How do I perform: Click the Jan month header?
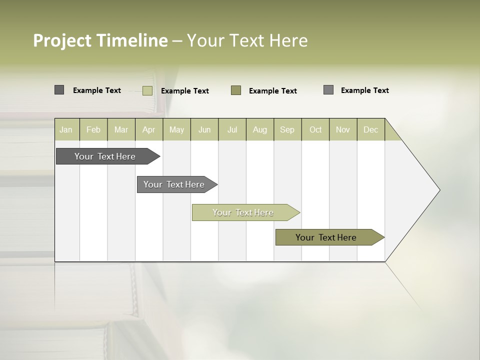click(66, 129)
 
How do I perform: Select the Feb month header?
click(93, 129)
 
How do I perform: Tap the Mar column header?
click(121, 129)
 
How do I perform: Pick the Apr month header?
click(149, 129)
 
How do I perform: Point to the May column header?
click(176, 129)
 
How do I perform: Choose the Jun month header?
click(204, 129)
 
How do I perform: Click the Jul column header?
click(232, 129)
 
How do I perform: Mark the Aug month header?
click(260, 129)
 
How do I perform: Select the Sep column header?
click(287, 129)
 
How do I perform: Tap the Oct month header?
click(315, 129)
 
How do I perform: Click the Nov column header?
click(343, 129)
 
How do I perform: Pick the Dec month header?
click(371, 129)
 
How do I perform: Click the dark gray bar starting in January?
click(105, 156)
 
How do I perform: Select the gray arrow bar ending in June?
click(174, 184)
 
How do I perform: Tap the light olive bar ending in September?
click(243, 212)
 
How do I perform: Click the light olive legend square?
click(147, 90)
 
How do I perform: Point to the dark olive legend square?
click(236, 90)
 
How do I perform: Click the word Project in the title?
click(62, 40)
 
